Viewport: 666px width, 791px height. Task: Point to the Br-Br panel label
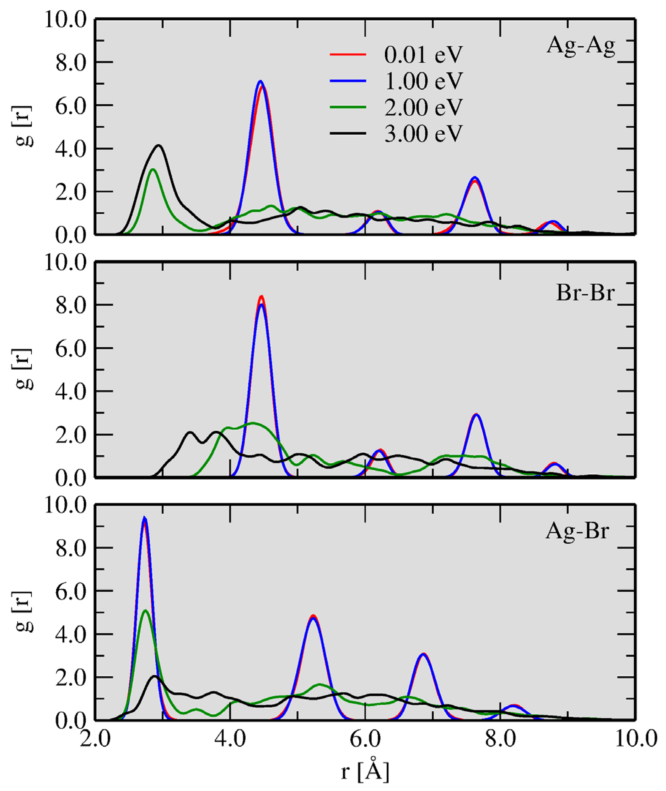585,293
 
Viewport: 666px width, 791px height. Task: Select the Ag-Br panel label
577,532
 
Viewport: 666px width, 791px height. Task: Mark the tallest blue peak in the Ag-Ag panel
260,82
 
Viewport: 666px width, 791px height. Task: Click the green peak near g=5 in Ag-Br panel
146,611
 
